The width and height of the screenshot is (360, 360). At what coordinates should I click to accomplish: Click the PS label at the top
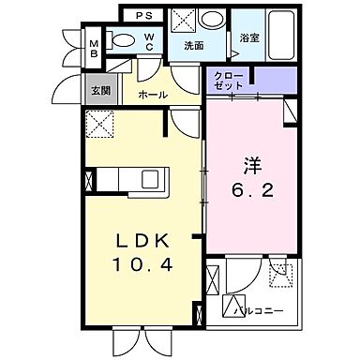[x=146, y=16]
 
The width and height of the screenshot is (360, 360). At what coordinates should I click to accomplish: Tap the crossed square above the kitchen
[x=98, y=123]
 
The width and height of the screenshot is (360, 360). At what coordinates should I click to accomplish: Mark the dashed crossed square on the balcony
[x=279, y=272]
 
